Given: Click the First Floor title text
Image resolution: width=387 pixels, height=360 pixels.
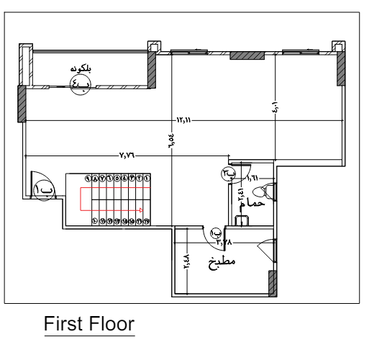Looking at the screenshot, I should tap(89, 324).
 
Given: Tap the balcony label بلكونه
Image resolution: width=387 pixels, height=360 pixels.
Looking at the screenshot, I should tap(83, 69).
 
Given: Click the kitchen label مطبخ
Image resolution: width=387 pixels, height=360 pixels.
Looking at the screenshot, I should tap(223, 261).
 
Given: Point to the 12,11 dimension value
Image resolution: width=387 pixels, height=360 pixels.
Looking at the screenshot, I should tap(184, 120).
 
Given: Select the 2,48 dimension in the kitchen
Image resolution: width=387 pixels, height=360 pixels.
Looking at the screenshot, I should tap(186, 259).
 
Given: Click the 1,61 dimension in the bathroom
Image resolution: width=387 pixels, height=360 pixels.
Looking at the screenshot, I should tap(252, 177).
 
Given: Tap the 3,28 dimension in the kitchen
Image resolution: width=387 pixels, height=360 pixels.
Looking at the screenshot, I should tap(225, 243).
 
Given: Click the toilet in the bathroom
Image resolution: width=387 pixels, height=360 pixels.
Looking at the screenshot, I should tap(268, 191).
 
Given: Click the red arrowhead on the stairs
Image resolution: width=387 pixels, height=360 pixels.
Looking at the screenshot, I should tap(142, 211).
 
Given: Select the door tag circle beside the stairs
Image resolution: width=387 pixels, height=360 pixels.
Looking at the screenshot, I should tap(43, 190).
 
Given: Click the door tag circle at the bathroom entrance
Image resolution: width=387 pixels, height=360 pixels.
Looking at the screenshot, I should tap(229, 174).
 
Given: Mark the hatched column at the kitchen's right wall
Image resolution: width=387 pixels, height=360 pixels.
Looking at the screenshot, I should tap(272, 284).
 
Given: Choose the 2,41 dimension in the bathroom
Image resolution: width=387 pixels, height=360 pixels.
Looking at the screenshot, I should tap(240, 197).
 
